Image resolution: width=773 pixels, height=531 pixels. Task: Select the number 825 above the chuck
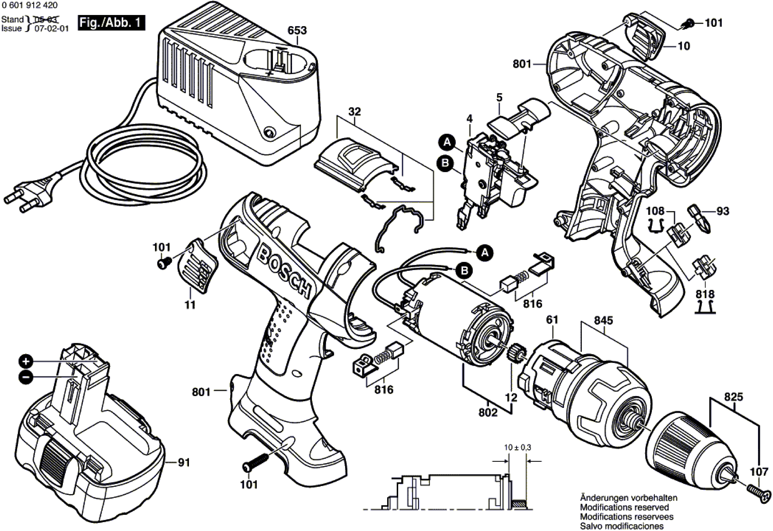coord(733,397)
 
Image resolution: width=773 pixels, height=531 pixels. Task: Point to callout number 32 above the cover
coord(355,111)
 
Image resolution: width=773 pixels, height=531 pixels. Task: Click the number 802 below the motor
coord(488,413)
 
